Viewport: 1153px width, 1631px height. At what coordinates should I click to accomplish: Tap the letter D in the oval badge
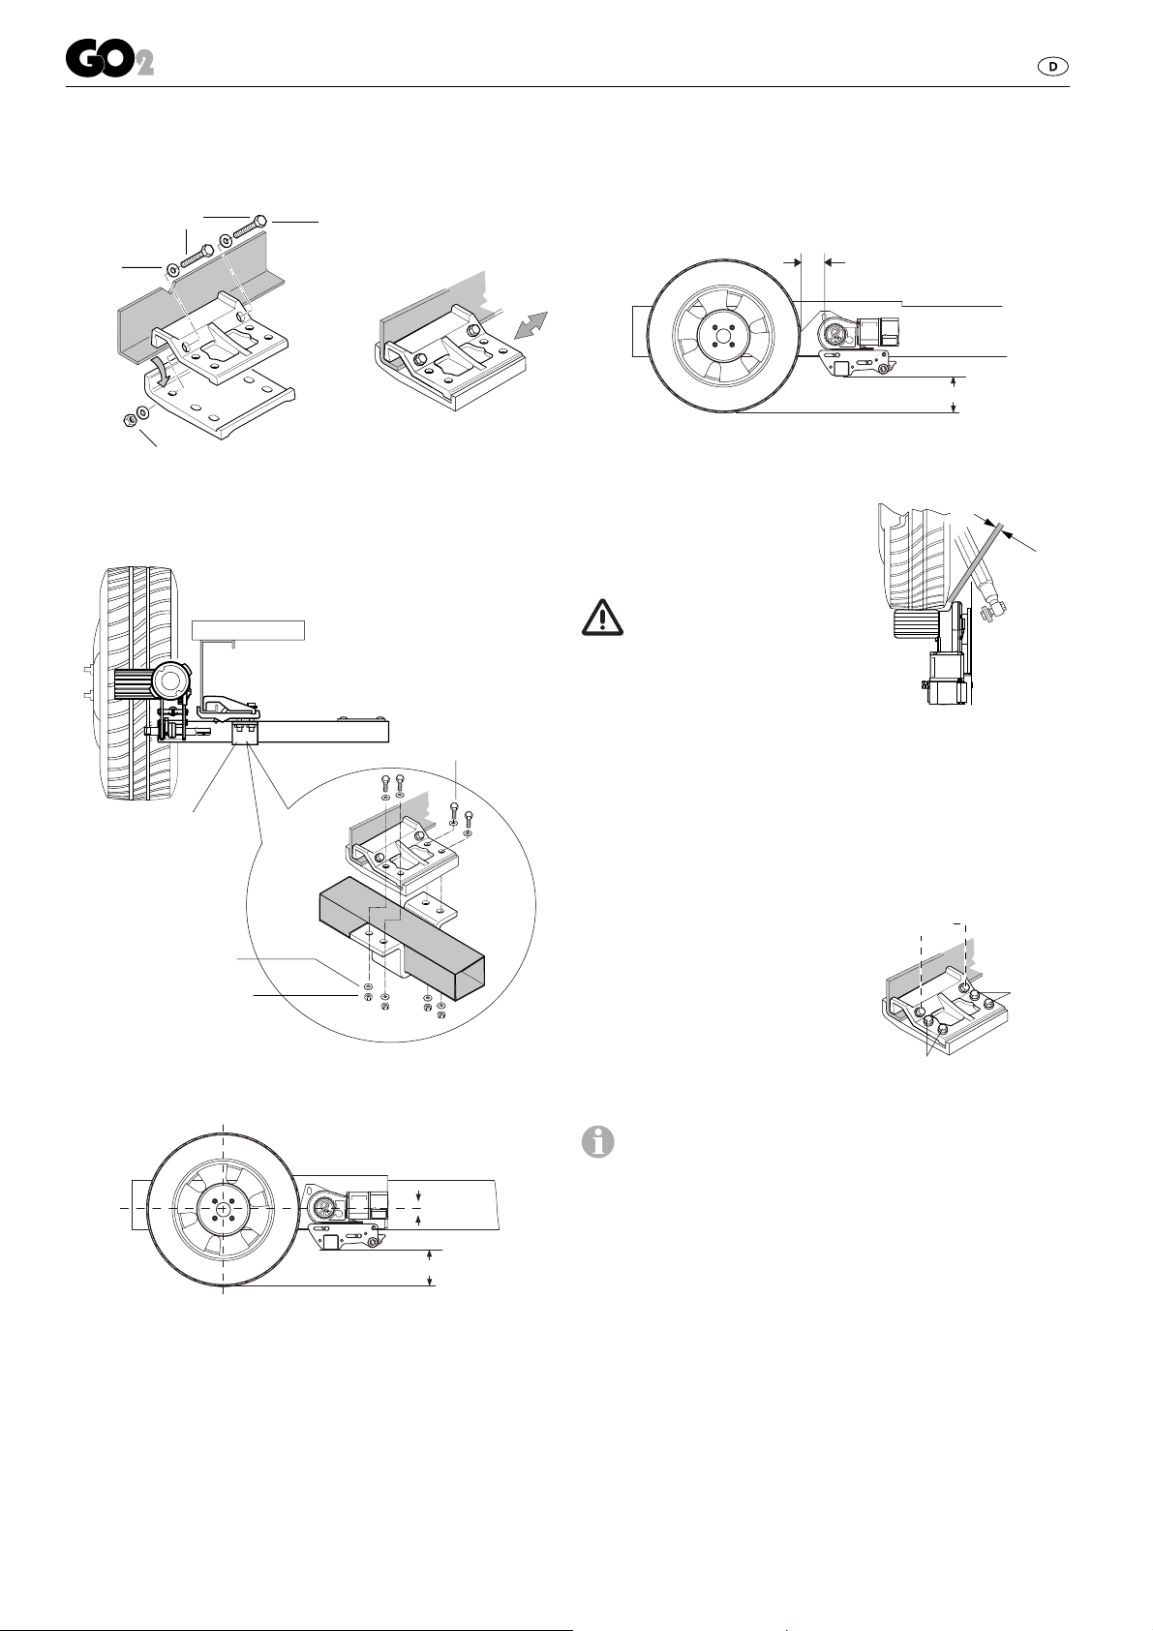tap(1052, 66)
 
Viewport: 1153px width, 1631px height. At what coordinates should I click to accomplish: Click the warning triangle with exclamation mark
tap(602, 618)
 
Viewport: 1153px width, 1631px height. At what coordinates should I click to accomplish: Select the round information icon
tap(598, 1142)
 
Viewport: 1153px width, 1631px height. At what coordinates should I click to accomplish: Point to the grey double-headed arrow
tap(531, 324)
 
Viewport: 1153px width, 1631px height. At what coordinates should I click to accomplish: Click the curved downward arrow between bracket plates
tap(165, 369)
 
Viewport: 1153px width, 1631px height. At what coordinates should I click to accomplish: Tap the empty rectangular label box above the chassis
tap(248, 630)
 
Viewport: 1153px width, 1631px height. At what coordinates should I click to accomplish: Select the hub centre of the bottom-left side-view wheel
tap(222, 1207)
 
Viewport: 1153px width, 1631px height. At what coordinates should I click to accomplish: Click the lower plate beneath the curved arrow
tap(220, 404)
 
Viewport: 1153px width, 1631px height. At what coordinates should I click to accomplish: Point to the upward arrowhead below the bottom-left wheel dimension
tap(431, 1253)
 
